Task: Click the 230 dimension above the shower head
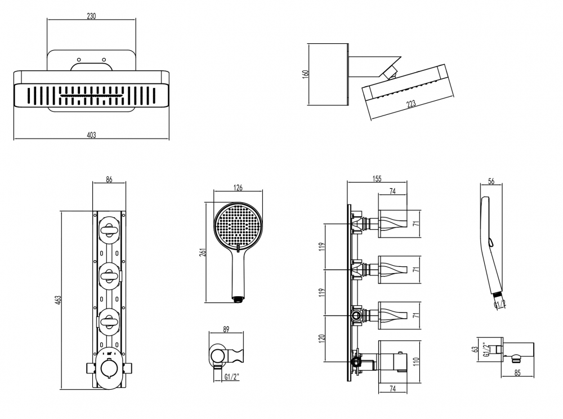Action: pyautogui.click(x=91, y=16)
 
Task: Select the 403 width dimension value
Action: pyautogui.click(x=91, y=135)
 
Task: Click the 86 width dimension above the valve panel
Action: pyautogui.click(x=109, y=180)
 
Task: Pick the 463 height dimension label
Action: pyautogui.click(x=58, y=301)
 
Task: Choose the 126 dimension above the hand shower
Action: pyautogui.click(x=238, y=188)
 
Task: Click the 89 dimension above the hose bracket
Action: pyautogui.click(x=226, y=330)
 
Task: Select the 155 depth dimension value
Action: pyautogui.click(x=377, y=179)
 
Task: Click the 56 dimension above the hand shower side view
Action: pyautogui.click(x=491, y=181)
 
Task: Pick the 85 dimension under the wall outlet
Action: pyautogui.click(x=518, y=372)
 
